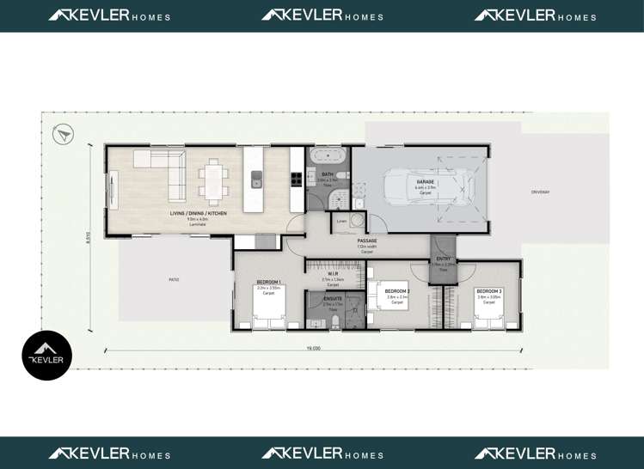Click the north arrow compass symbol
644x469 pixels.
point(63,134)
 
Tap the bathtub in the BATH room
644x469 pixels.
point(327,157)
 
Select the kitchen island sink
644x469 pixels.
point(256,179)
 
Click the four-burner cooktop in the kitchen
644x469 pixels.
point(296,179)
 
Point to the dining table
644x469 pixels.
point(213,180)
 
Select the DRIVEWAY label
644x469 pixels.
point(540,192)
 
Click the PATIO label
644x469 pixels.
point(175,279)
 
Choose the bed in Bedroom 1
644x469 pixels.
point(268,308)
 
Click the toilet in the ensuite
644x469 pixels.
point(335,322)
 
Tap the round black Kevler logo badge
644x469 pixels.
point(46,356)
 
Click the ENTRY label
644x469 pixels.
point(444,259)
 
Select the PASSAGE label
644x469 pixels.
point(367,241)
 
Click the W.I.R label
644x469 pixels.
point(332,274)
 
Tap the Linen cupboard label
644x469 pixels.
point(341,221)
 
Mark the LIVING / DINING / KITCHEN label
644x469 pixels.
point(198,213)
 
